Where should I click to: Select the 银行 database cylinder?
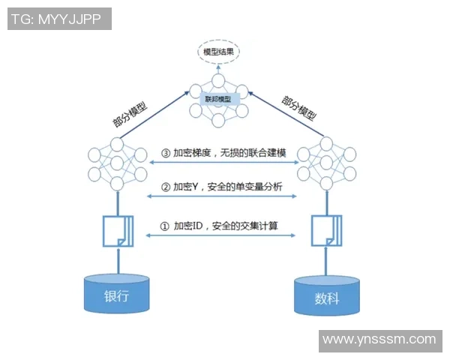(116, 293)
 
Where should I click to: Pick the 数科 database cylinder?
(327, 296)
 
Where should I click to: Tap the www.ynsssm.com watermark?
(378, 340)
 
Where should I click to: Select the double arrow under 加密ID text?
(222, 236)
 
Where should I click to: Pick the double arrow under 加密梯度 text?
(222, 163)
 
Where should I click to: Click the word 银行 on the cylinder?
(116, 295)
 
